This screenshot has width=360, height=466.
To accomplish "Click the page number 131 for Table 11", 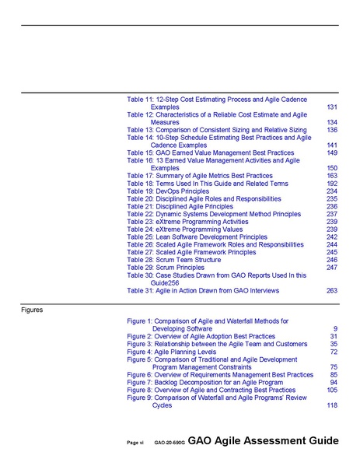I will [331, 107].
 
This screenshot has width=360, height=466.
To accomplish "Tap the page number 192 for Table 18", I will [331, 183].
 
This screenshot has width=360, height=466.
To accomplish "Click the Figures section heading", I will [33, 309].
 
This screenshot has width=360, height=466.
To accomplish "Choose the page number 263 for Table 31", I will [331, 290].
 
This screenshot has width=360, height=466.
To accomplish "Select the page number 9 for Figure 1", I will [334, 328].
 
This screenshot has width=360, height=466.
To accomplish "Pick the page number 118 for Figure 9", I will [331, 405].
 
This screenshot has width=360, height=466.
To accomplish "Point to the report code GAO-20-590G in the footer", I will [168, 442].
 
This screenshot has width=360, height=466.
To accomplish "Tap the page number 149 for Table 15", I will [331, 152].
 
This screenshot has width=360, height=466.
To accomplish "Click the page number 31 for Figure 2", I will [333, 336].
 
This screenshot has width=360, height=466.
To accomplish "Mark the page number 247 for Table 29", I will [331, 268].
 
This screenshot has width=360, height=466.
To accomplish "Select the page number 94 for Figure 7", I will [333, 382].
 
